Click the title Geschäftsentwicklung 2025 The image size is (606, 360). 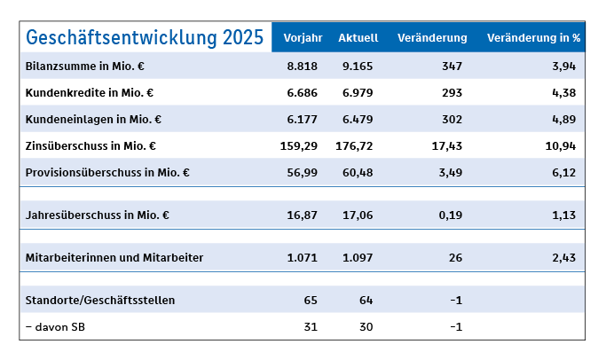tap(145, 37)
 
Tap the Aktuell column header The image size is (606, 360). tap(358, 38)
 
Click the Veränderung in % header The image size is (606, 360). tap(533, 38)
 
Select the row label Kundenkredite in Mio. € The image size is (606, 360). tap(91, 92)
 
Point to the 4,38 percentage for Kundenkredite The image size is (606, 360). tap(564, 92)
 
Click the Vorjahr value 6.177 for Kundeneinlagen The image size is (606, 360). tap(302, 119)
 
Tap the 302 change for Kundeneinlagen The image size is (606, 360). tap(451, 119)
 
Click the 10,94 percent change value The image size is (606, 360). tap(561, 145)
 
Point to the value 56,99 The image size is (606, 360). tap(302, 171)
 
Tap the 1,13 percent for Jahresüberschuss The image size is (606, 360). tap(564, 215)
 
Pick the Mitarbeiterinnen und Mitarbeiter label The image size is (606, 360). tap(115, 258)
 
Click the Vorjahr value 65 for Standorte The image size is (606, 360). tap(310, 300)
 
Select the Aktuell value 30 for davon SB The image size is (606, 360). tap(366, 326)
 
